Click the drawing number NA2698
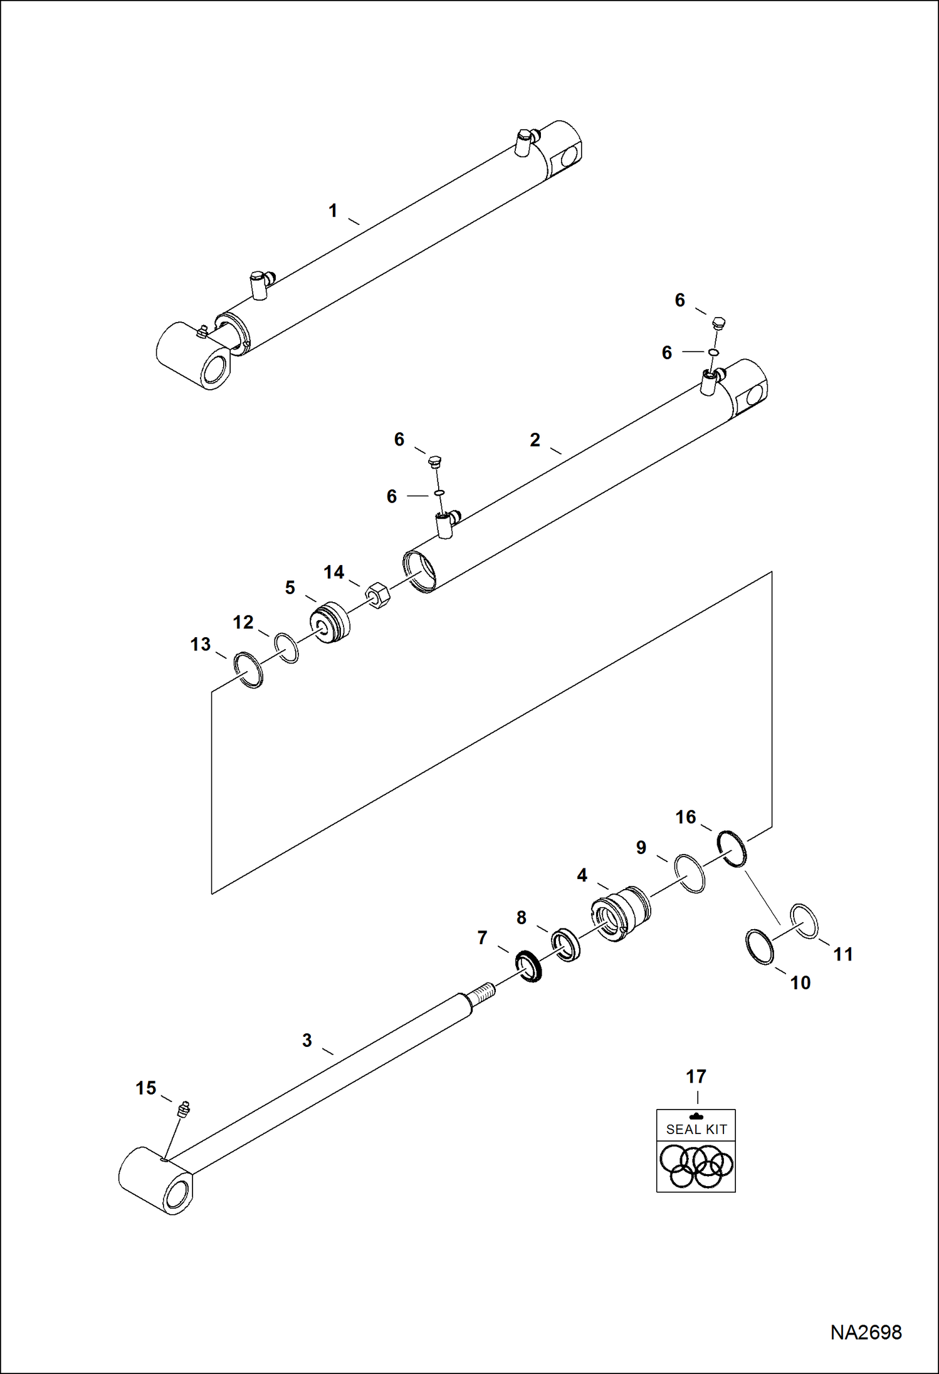(x=866, y=1332)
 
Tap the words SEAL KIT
(x=696, y=1129)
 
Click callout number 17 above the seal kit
(x=696, y=1076)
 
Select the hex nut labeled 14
(x=378, y=594)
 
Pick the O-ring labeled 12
(x=286, y=647)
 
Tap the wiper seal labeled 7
(x=528, y=966)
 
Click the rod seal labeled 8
(x=565, y=945)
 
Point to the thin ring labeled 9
(x=690, y=873)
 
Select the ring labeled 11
(x=804, y=921)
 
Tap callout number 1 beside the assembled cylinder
(x=333, y=211)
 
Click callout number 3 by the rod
(x=307, y=1040)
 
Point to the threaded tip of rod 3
(x=483, y=992)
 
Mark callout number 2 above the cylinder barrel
(x=534, y=440)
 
